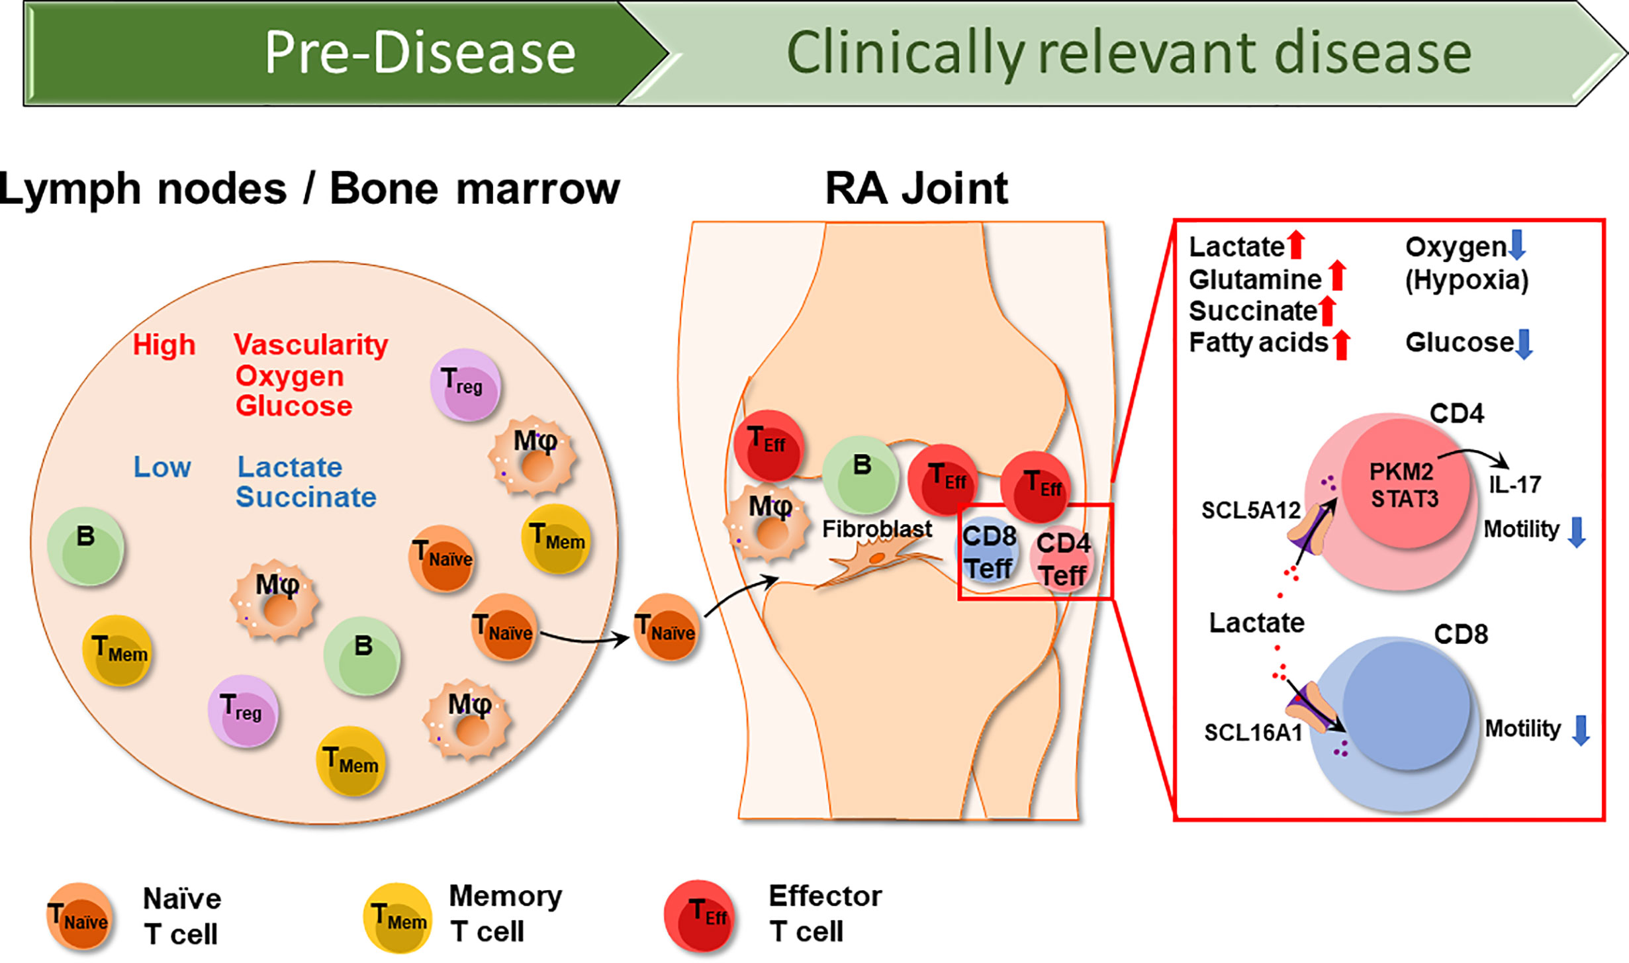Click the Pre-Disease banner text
pos(420,53)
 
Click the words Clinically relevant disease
pos(1128,53)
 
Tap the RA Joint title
pos(916,189)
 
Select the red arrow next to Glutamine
pos(1338,275)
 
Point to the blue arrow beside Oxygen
pos(1516,244)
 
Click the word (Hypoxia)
pos(1467,280)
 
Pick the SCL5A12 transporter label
pos(1251,510)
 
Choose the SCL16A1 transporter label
pos(1253,733)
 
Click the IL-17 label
pos(1514,484)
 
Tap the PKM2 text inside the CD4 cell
pos(1401,472)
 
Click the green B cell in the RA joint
pos(861,474)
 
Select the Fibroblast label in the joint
pos(876,529)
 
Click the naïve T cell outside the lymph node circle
pos(667,627)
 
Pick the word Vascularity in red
pos(310,345)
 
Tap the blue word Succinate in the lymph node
pos(306,497)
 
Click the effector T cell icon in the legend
pos(700,915)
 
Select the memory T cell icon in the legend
pos(397,918)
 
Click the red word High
pos(164,345)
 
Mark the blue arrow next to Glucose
pos(1524,343)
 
